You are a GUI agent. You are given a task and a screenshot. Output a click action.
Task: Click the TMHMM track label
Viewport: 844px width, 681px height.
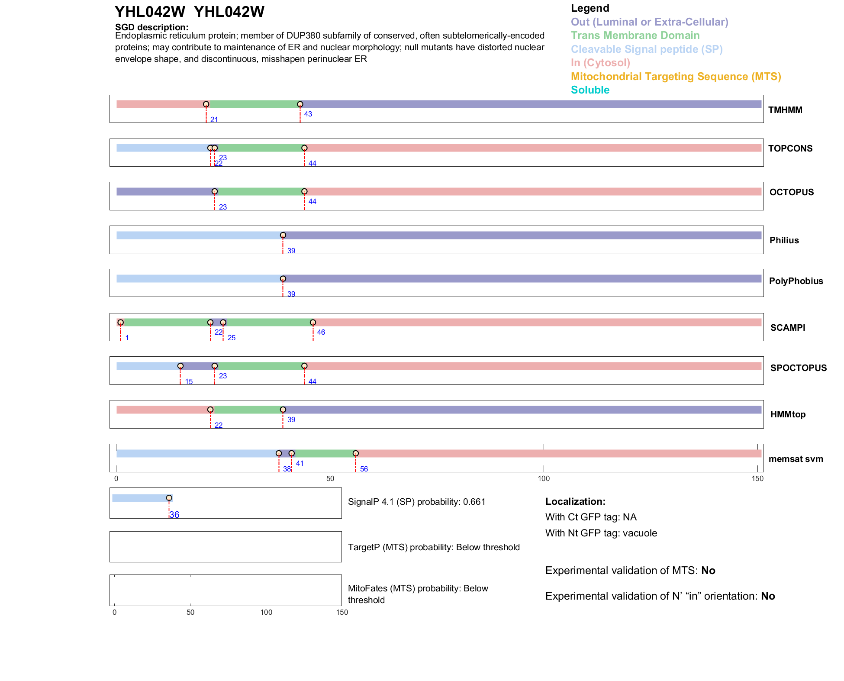785,110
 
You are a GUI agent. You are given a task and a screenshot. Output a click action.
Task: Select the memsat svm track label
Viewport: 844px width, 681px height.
796,459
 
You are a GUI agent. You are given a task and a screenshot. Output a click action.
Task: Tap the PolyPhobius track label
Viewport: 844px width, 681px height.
796,281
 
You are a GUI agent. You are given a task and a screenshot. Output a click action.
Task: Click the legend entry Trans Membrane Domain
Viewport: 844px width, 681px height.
635,36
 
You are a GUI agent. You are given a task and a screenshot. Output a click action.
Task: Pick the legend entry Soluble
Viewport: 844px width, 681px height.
590,90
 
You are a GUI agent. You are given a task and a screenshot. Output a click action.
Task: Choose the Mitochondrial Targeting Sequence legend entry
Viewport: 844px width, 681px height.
676,77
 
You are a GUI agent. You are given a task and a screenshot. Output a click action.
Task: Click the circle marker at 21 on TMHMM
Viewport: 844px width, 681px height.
206,104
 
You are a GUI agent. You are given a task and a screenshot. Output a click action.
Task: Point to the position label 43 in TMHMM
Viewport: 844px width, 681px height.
308,114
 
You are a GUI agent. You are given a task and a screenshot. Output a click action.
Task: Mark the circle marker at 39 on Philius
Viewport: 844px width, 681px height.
283,236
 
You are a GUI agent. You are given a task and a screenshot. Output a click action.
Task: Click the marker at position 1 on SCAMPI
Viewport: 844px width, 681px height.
121,323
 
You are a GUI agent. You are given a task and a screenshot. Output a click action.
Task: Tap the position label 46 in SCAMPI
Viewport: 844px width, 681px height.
321,332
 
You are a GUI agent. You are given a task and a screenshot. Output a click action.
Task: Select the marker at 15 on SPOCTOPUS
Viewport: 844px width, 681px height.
180,366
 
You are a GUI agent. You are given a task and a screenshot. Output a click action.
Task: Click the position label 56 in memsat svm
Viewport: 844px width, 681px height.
364,469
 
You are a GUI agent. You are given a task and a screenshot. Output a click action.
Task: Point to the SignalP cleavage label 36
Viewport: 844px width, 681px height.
174,515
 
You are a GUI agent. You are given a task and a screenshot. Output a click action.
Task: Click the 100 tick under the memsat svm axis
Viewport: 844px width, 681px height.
544,478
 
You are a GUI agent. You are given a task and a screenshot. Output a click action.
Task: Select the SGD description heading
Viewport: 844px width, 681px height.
151,27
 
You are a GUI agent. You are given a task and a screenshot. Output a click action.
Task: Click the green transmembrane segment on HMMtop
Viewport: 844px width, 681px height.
247,410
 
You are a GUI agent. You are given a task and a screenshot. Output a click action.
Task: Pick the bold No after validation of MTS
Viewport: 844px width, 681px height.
708,571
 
